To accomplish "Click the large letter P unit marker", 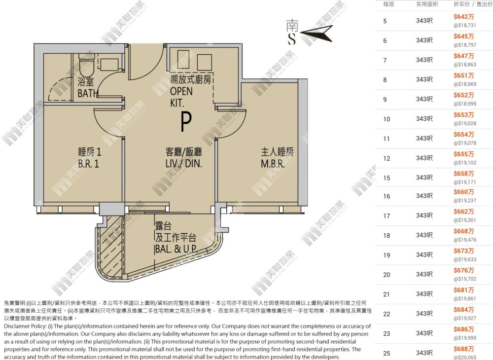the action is point(186,122).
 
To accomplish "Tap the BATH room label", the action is point(88,93).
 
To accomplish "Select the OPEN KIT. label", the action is point(181,97).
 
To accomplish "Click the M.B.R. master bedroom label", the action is point(273,164).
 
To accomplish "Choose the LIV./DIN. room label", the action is point(183,164).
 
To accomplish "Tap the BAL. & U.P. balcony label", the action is point(176,249).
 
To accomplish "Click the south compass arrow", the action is point(316,33).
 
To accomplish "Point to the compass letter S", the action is point(292,38).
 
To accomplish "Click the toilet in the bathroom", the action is point(86,63).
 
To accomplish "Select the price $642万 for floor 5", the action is point(463,17).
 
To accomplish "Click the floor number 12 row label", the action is point(387,158).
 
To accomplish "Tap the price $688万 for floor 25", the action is point(463,349).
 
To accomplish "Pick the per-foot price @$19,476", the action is point(465,240).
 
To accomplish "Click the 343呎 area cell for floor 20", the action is point(424,275).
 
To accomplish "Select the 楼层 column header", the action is point(388,4).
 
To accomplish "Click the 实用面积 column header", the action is point(427,4).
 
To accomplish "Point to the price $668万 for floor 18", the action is point(463,231).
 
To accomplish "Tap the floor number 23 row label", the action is point(387,333).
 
